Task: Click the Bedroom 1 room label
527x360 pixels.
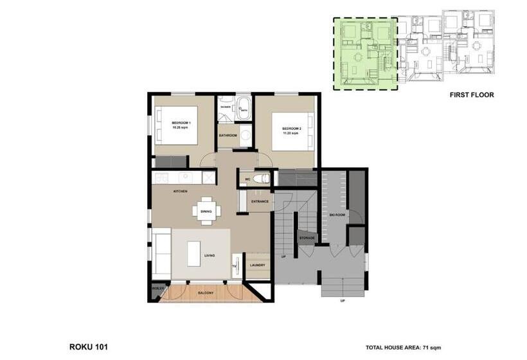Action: click(x=182, y=123)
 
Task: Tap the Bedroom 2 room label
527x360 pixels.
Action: click(x=291, y=129)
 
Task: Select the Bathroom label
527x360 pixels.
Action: click(x=228, y=136)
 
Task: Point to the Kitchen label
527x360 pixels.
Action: click(x=180, y=192)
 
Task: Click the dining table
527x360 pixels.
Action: click(x=207, y=211)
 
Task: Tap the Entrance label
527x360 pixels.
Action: click(x=260, y=202)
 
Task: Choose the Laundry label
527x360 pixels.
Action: click(x=258, y=265)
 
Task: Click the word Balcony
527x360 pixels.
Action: click(x=206, y=293)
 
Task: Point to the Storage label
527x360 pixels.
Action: click(x=307, y=239)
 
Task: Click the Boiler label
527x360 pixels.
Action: click(x=158, y=289)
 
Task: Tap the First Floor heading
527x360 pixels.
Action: click(x=472, y=94)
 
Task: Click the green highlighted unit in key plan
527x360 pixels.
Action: click(x=365, y=54)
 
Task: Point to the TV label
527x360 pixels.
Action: click(x=234, y=265)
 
